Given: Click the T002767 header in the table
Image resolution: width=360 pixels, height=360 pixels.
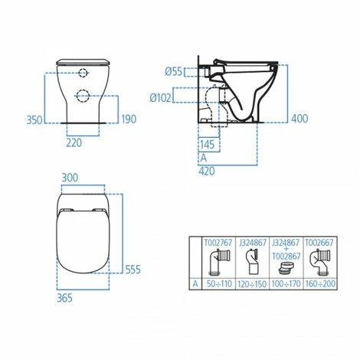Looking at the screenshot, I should click(218, 241).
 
